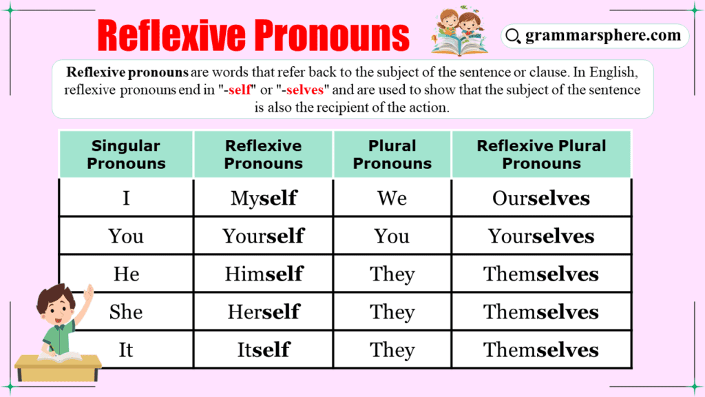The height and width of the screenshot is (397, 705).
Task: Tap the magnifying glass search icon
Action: pyautogui.click(x=512, y=36)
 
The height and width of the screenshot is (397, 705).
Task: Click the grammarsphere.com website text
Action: pyautogui.click(x=602, y=35)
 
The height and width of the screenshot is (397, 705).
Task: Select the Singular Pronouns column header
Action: pyautogui.click(x=126, y=154)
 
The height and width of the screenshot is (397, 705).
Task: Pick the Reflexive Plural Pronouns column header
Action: pyautogui.click(x=541, y=154)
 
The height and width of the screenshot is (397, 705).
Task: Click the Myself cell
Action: pyautogui.click(x=263, y=198)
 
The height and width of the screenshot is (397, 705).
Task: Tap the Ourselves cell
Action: pyautogui.click(x=541, y=198)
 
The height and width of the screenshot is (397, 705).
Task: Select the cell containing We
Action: pyautogui.click(x=392, y=198)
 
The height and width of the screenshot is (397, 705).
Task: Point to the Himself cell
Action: pyautogui.click(x=263, y=274)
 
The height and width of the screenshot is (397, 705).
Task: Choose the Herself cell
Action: pyautogui.click(x=263, y=312)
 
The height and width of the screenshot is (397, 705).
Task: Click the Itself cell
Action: pyautogui.click(x=263, y=349)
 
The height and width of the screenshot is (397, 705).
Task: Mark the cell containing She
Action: pyautogui.click(x=126, y=312)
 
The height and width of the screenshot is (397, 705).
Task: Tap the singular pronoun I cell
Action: pyautogui.click(x=126, y=198)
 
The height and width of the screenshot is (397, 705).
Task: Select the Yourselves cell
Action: pyautogui.click(x=541, y=236)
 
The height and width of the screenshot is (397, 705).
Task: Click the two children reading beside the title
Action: pyautogui.click(x=459, y=31)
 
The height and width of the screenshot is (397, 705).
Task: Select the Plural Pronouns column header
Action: pyautogui.click(x=392, y=154)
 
